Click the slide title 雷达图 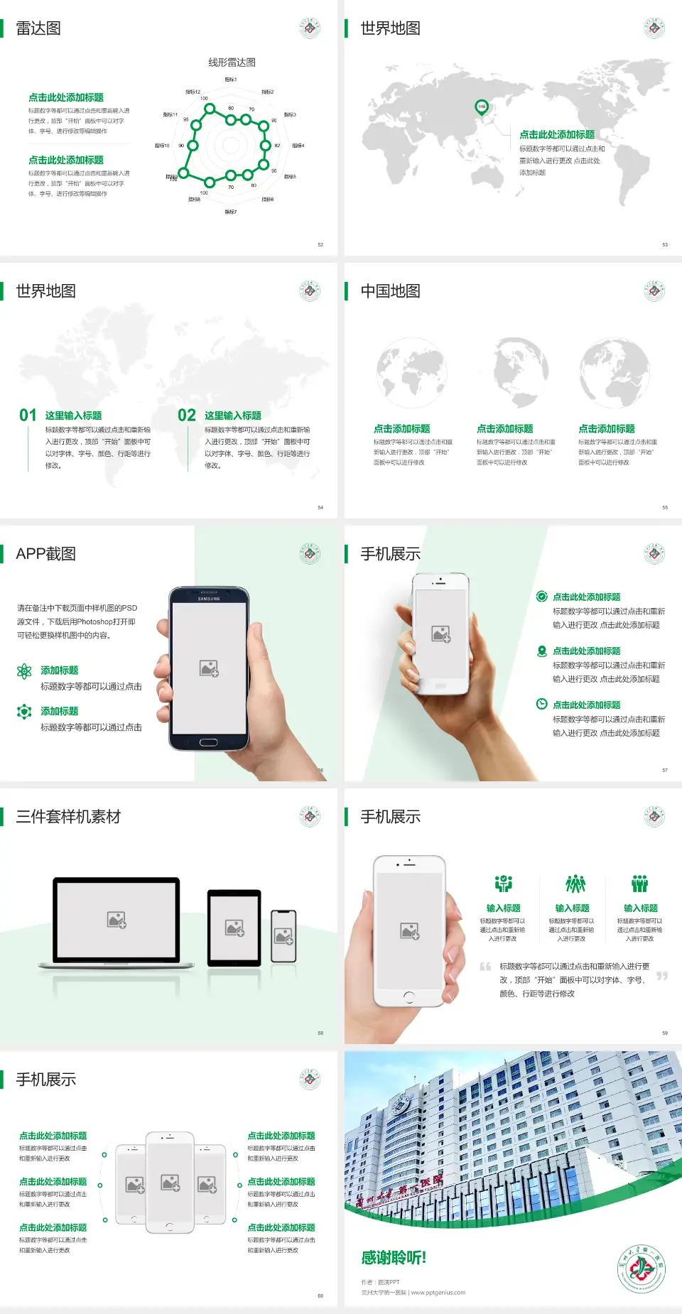tap(38, 28)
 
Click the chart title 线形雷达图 tap(232, 63)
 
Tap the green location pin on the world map tap(481, 107)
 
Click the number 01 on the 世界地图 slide tap(28, 416)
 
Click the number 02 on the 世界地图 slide tap(187, 416)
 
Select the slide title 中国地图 tap(390, 291)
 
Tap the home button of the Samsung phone tap(208, 742)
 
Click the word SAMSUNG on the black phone tap(209, 599)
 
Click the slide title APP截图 tap(45, 554)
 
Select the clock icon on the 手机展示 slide tap(541, 704)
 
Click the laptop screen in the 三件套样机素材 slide tap(117, 919)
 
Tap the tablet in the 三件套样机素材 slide tap(234, 927)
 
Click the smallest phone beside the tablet tap(283, 936)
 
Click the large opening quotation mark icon tap(485, 967)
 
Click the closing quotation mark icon tap(662, 976)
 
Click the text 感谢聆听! tap(394, 1258)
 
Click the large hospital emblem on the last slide tap(641, 1269)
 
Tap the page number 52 tap(320, 244)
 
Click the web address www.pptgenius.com tap(438, 1293)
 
